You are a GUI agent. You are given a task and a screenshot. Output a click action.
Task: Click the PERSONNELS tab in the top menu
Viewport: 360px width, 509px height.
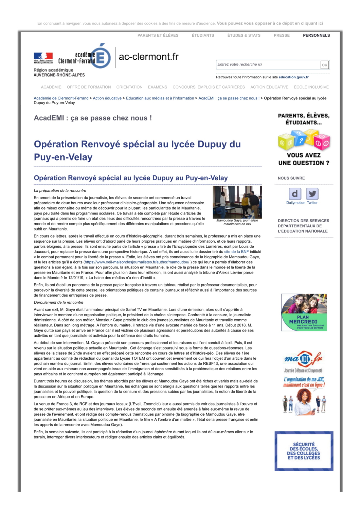click(316, 35)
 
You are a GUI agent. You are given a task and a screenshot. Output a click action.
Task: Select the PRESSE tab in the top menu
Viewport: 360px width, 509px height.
click(282, 35)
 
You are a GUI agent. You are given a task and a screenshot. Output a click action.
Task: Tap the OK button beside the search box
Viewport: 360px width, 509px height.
click(324, 65)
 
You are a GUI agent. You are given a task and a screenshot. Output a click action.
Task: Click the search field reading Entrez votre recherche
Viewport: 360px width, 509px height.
click(268, 64)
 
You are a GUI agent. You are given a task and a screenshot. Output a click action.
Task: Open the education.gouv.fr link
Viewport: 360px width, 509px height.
click(293, 77)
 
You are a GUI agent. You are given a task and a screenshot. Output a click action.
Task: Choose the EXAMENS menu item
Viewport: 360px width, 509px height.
click(157, 87)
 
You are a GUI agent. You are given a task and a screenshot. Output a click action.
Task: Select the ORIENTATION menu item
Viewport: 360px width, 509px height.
click(129, 87)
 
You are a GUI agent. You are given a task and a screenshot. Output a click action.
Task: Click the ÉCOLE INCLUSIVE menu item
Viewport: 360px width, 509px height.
click(311, 87)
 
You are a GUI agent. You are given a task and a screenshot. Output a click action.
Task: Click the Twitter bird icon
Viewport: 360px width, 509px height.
click(312, 194)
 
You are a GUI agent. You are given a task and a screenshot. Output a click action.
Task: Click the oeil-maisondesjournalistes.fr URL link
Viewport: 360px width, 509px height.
click(137, 262)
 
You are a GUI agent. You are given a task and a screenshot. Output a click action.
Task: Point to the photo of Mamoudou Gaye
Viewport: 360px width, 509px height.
click(237, 202)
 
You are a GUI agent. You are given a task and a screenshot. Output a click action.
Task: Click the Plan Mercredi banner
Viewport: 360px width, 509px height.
click(304, 313)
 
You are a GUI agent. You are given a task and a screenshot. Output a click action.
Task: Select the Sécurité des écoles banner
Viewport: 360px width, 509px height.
click(304, 451)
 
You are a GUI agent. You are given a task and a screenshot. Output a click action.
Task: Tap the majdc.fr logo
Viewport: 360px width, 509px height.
click(303, 359)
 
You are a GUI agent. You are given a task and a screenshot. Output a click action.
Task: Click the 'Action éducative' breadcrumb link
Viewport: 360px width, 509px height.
click(107, 98)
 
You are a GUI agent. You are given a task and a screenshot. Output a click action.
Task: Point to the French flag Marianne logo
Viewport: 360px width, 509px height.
click(43, 58)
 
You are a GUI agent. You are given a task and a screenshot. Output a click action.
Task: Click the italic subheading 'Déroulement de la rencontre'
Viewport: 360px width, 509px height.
click(58, 303)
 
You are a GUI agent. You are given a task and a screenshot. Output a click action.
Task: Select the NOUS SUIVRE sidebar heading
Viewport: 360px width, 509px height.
click(291, 178)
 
